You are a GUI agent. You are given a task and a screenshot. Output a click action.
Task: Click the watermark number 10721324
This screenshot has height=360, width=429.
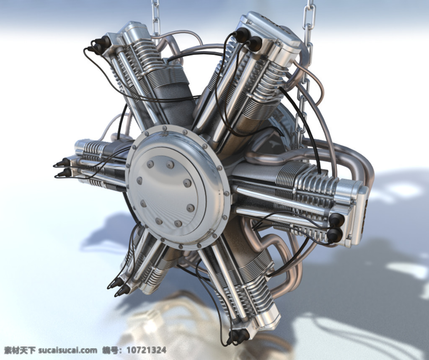(x=146, y=350)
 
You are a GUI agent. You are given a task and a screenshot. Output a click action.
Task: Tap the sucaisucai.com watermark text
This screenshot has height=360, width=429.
(x=67, y=350)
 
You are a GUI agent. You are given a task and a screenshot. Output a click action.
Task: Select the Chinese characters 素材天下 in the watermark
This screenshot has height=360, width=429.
(x=20, y=350)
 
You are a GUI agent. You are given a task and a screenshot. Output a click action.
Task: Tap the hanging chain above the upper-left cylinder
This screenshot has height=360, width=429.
(x=155, y=18)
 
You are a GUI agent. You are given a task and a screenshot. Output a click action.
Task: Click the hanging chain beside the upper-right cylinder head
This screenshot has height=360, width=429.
(x=306, y=68)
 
